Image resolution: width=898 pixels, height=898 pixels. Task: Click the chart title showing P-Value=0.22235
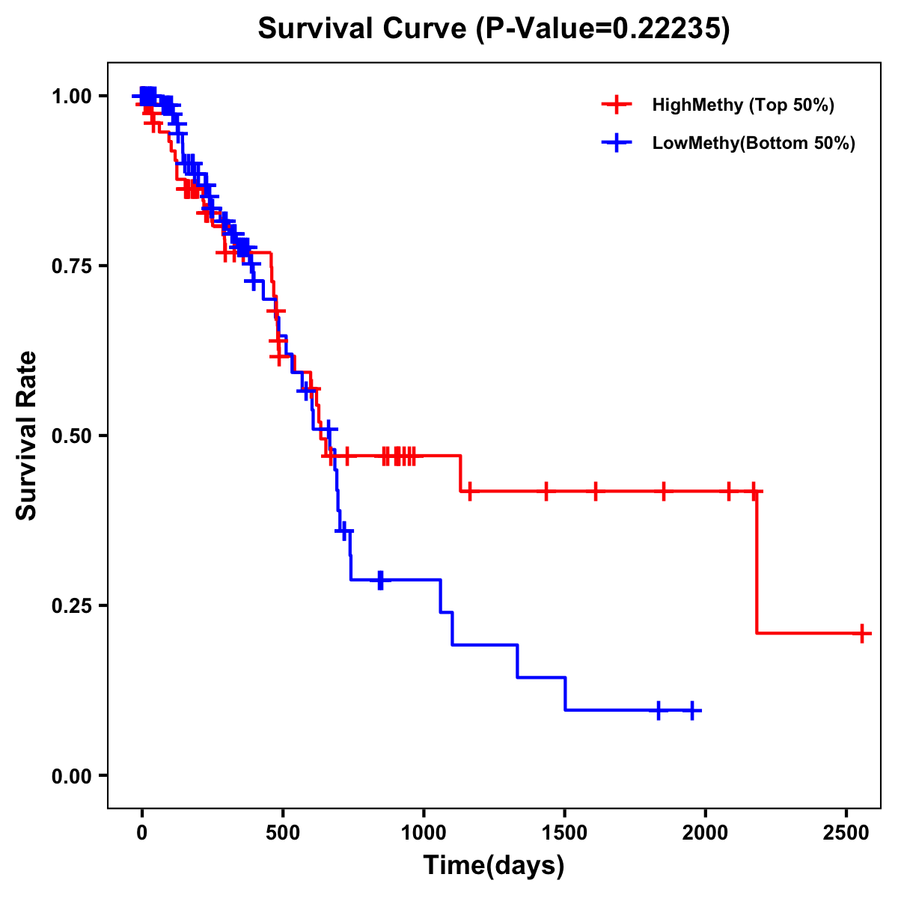pyautogui.click(x=493, y=28)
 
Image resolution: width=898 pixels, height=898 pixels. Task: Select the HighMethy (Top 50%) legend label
pyautogui.click(x=742, y=105)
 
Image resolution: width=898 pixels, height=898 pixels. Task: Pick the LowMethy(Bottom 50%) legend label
pyautogui.click(x=753, y=143)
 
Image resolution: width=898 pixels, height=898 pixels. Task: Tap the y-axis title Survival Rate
pyautogui.click(x=27, y=435)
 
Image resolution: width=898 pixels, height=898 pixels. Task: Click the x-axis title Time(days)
pyautogui.click(x=494, y=865)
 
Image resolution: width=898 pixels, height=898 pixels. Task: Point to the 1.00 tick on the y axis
pyautogui.click(x=72, y=97)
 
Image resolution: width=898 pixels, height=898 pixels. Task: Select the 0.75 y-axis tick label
pyautogui.click(x=72, y=266)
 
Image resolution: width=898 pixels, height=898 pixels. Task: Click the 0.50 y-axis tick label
pyautogui.click(x=72, y=436)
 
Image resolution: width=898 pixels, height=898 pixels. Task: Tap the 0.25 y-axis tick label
pyautogui.click(x=72, y=606)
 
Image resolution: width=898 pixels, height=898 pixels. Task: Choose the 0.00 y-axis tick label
pyautogui.click(x=72, y=776)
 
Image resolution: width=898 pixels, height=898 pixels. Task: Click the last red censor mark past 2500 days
pyautogui.click(x=862, y=633)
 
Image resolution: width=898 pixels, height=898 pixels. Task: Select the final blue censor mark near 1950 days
pyautogui.click(x=692, y=709)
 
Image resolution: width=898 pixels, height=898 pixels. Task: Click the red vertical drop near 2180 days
pyautogui.click(x=757, y=561)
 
